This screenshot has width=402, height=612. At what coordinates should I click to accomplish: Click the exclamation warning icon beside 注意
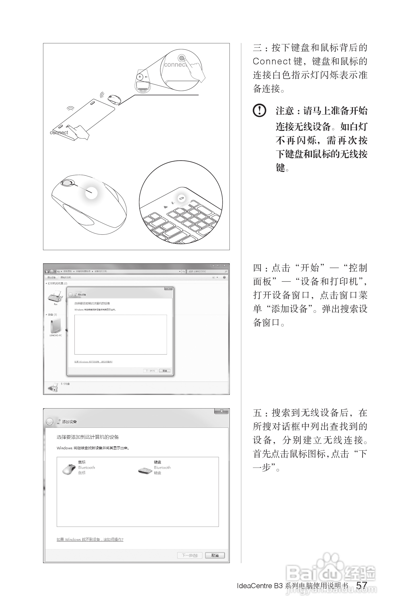tap(259, 110)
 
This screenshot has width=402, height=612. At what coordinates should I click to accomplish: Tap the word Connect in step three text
tap(272, 62)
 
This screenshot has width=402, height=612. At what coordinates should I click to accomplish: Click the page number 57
tap(361, 585)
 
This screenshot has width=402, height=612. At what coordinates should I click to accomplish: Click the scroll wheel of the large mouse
tap(67, 183)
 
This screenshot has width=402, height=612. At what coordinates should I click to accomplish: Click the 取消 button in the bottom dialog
tap(215, 555)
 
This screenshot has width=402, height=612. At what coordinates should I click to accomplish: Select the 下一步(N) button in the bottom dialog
tap(190, 555)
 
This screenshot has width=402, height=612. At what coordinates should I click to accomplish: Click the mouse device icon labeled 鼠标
tap(69, 469)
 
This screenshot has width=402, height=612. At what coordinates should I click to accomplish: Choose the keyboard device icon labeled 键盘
tap(145, 471)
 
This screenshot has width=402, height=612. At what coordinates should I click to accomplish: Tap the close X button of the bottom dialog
tap(221, 411)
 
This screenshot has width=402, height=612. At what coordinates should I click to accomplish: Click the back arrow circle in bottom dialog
tap(50, 422)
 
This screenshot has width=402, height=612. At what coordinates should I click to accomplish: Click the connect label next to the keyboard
tap(59, 133)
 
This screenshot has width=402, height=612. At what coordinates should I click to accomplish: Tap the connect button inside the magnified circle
tap(182, 58)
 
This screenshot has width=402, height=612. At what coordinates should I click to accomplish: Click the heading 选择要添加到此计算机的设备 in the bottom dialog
tap(88, 437)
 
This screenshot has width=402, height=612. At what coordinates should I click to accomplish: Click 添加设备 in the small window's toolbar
tap(51, 277)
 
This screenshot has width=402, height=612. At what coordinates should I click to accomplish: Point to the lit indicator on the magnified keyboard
tap(181, 198)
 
